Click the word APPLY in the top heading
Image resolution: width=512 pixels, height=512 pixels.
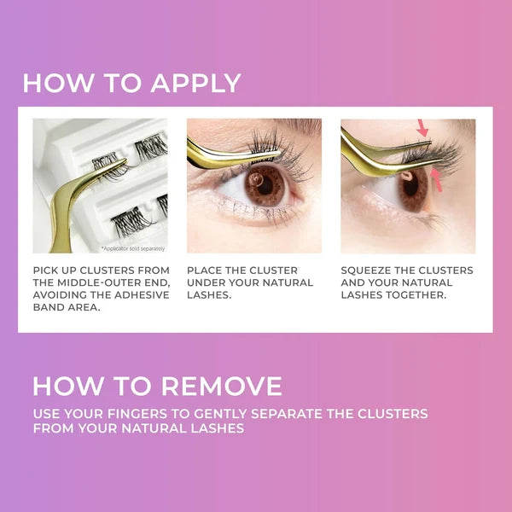pyautogui.click(x=195, y=83)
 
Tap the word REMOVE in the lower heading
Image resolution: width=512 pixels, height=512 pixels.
pyautogui.click(x=222, y=386)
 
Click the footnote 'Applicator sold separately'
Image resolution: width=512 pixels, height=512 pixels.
pyautogui.click(x=133, y=249)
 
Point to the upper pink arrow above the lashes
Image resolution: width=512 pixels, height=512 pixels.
pyautogui.click(x=423, y=128)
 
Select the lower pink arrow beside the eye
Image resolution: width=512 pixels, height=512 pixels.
pyautogui.click(x=437, y=180)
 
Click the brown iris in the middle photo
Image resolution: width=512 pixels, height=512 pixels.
pyautogui.click(x=265, y=185)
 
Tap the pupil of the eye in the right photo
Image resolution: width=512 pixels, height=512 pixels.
pyautogui.click(x=410, y=185)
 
